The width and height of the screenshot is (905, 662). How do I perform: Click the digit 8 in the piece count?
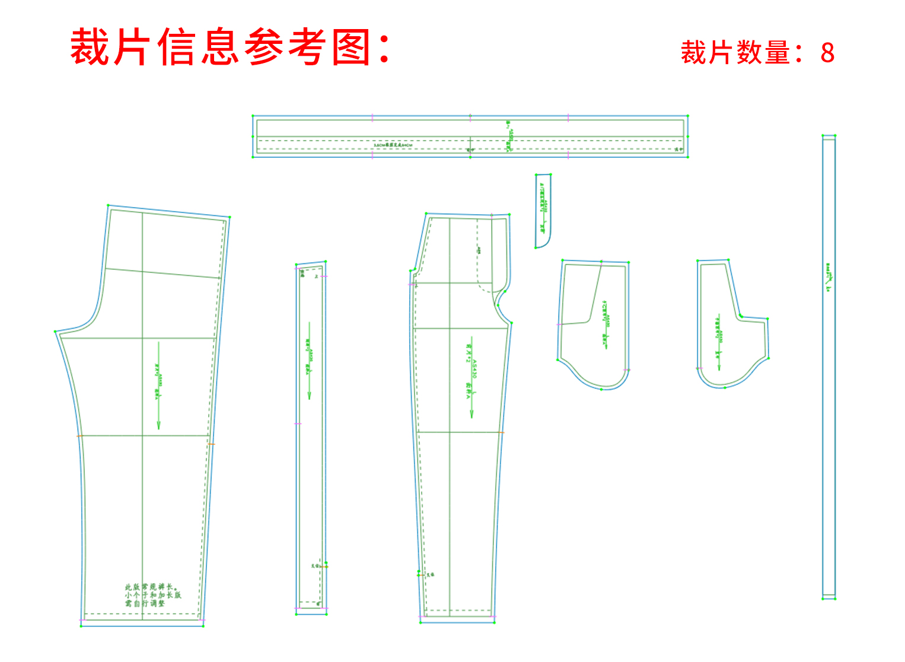(827, 53)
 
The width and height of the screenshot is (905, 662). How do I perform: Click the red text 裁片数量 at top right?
(735, 53)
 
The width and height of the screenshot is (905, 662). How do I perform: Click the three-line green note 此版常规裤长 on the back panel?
(152, 594)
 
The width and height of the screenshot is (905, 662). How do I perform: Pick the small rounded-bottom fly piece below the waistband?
(543, 211)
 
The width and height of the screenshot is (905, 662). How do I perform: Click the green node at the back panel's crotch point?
(56, 332)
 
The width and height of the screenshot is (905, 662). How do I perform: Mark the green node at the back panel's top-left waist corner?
(108, 206)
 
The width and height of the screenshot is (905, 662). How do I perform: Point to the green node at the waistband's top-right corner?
(687, 116)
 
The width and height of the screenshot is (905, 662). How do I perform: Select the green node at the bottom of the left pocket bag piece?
(601, 389)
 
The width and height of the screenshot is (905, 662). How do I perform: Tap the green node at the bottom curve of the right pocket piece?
(724, 387)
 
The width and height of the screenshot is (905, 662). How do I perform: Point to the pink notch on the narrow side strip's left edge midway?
(297, 424)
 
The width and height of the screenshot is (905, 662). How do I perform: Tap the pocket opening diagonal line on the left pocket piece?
(596, 294)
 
